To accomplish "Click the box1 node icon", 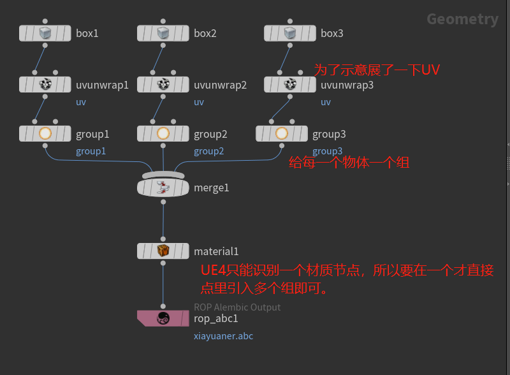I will click(45, 33).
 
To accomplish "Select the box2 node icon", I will click(163, 33).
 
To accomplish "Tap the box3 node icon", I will click(289, 33).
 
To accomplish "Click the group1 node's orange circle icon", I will click(45, 134).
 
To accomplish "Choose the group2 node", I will click(163, 134).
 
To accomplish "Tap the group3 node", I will click(281, 134).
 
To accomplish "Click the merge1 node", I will click(163, 187).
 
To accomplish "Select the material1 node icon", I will click(163, 251).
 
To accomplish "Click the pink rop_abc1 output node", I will click(163, 318).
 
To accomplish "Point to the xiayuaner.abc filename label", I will click(223, 335).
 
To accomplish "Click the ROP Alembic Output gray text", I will click(237, 307).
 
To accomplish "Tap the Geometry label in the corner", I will click(462, 19).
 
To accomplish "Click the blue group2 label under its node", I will click(209, 151).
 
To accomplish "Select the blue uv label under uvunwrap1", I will click(81, 102).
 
